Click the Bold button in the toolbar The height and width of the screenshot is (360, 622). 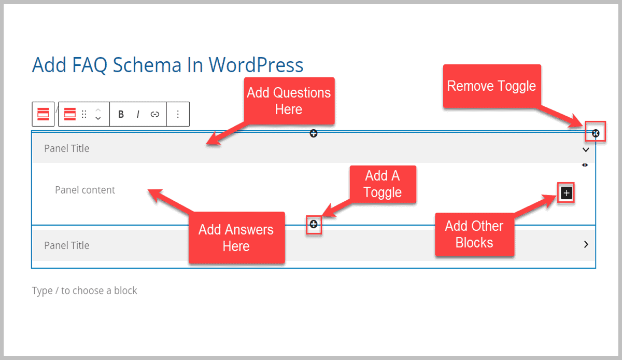(x=121, y=115)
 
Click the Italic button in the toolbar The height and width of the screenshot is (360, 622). (x=138, y=115)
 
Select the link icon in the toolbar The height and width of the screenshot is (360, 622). (x=154, y=115)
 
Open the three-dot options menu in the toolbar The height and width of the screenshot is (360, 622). (x=178, y=115)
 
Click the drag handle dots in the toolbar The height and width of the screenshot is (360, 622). (x=84, y=115)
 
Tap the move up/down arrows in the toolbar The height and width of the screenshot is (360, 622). (x=98, y=115)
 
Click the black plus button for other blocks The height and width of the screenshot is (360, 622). (x=566, y=193)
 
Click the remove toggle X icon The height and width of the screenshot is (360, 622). (x=596, y=133)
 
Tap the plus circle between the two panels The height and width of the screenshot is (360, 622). (x=314, y=224)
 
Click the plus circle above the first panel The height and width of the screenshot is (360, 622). (x=314, y=133)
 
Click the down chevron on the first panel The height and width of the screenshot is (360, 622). (x=586, y=149)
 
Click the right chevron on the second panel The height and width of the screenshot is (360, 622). (x=586, y=244)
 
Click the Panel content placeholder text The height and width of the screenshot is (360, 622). (x=85, y=190)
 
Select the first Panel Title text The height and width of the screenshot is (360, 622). (x=66, y=148)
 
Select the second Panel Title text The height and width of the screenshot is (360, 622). (x=66, y=245)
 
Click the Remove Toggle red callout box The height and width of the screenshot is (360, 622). (x=491, y=86)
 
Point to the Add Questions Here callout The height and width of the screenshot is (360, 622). (x=289, y=101)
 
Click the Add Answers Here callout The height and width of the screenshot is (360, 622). (x=236, y=237)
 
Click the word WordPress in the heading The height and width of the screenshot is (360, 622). (x=256, y=65)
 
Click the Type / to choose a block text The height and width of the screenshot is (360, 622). (x=84, y=290)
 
